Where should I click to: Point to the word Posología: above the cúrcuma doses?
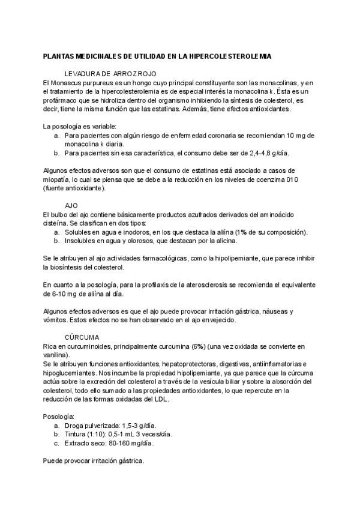click(x=59, y=416)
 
